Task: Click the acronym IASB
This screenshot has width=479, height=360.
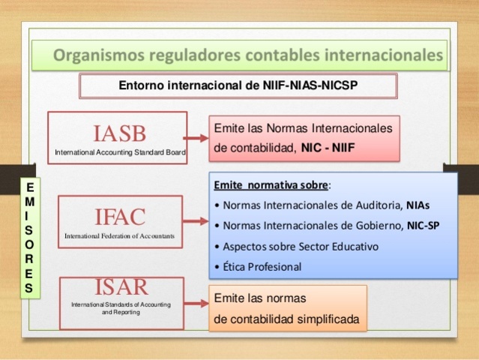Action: (x=119, y=133)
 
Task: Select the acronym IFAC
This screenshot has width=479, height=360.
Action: (x=119, y=217)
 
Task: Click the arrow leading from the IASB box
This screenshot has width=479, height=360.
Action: (x=196, y=138)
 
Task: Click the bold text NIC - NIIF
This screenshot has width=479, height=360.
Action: (x=328, y=148)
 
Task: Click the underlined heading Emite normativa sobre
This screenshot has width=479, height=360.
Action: (x=271, y=184)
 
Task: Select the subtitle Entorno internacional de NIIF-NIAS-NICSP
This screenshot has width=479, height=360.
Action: (x=238, y=85)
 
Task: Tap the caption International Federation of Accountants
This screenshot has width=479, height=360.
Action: (x=119, y=235)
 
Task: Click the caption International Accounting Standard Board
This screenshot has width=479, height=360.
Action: (x=119, y=152)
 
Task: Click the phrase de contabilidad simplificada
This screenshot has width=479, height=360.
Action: (x=287, y=319)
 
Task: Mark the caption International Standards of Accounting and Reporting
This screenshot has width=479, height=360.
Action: (x=120, y=308)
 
